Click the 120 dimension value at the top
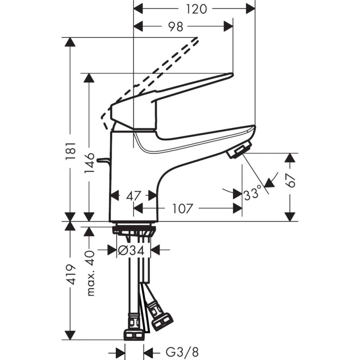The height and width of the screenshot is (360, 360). coord(197,9)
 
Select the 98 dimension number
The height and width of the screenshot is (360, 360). coord(175,26)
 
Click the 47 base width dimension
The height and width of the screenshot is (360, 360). coord(133,196)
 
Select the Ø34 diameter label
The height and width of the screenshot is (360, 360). coord(134,249)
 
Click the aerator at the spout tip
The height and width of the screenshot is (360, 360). coord(239,150)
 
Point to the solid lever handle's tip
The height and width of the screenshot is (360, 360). coord(227,76)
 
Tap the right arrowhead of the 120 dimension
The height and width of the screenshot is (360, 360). coord(250,9)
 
